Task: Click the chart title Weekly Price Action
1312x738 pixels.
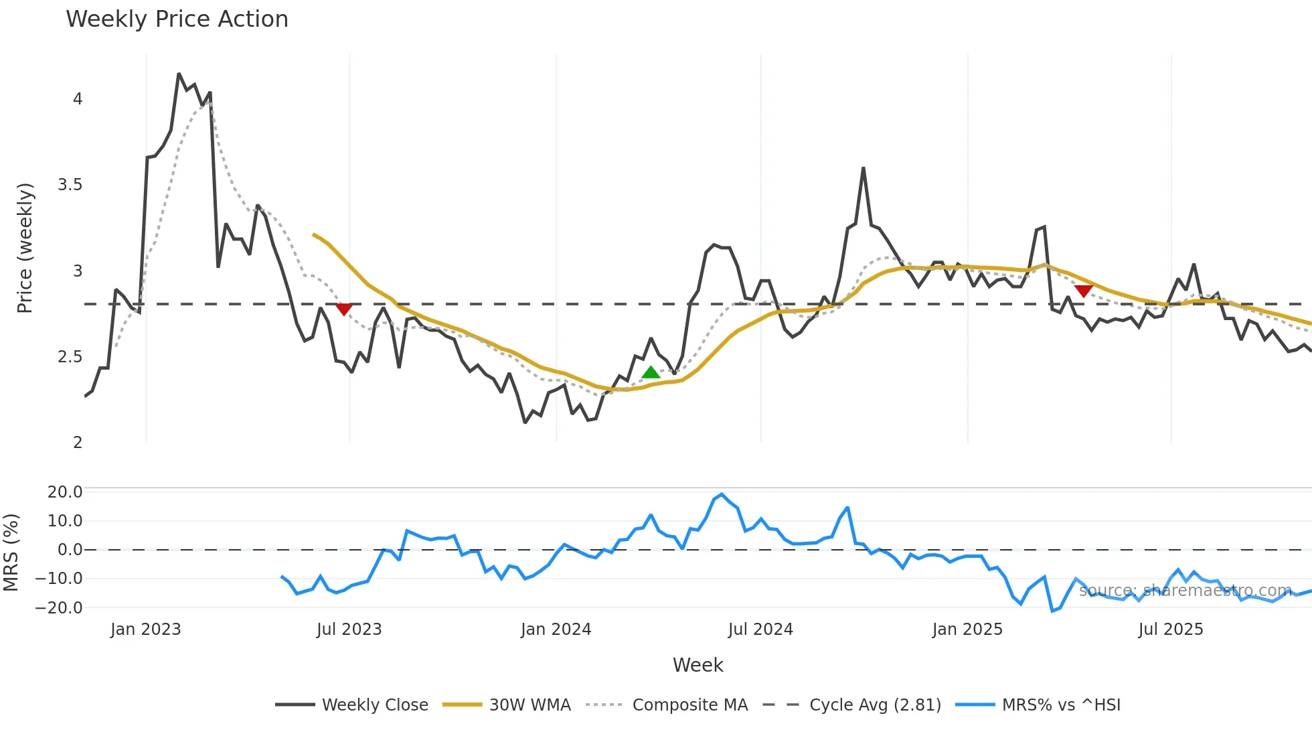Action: point(177,19)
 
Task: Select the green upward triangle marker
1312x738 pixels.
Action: point(651,372)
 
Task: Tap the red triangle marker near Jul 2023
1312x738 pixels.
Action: point(343,309)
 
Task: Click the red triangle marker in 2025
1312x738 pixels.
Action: point(1083,291)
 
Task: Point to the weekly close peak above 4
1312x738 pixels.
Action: point(179,74)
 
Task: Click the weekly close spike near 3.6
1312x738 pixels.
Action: point(864,168)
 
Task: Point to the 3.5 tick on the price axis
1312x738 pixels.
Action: point(70,185)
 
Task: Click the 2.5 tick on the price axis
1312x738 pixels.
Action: point(70,357)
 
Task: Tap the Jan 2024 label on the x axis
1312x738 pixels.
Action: point(556,630)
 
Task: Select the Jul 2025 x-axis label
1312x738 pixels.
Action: point(1170,630)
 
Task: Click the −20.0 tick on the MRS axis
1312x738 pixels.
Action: point(65,608)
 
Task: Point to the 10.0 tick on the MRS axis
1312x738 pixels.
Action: point(65,521)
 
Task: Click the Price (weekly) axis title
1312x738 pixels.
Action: point(25,248)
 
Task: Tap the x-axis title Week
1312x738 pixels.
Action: point(698,665)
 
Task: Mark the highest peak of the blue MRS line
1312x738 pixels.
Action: point(722,495)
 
